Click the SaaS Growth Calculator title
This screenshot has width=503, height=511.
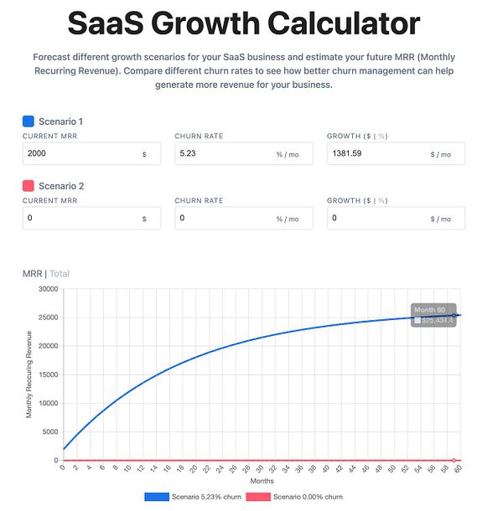244,23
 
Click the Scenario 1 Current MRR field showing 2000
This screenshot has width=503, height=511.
80,154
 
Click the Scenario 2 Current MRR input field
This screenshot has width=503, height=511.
80,219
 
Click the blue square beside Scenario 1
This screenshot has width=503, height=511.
28,121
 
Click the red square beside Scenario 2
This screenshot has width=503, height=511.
28,186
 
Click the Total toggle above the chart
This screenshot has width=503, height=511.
60,273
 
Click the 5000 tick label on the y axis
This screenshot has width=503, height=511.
49,431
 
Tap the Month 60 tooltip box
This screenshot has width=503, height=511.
433,315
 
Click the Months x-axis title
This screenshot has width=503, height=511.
262,482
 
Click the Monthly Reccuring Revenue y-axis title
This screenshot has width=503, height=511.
29,374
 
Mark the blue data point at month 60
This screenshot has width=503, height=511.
454,316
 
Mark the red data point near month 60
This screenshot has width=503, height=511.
454,460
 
